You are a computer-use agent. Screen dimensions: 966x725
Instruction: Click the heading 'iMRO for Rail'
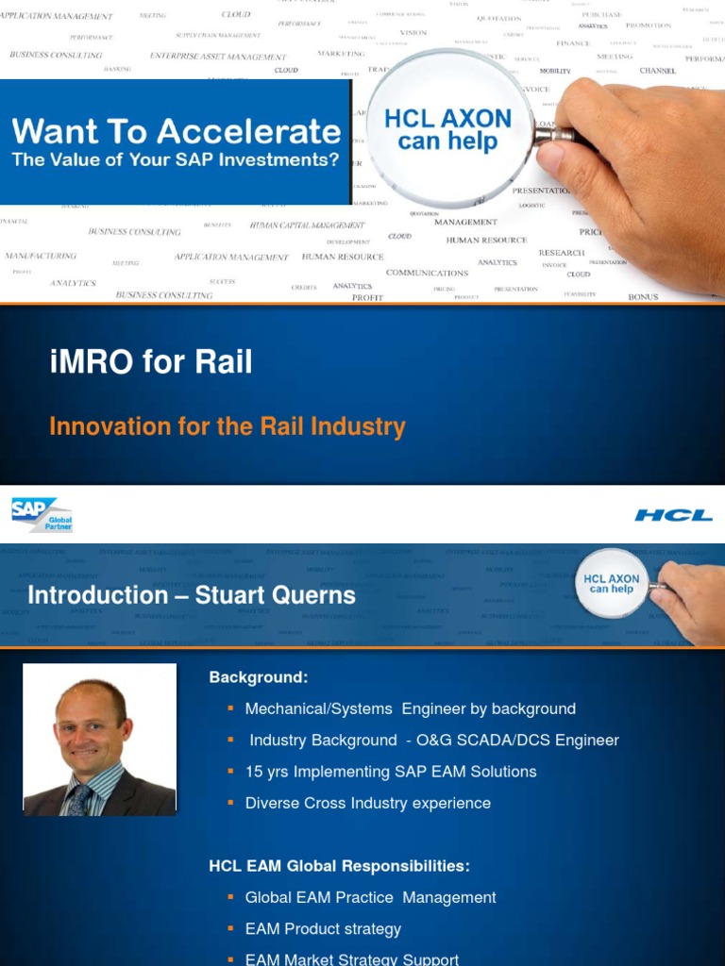(151, 362)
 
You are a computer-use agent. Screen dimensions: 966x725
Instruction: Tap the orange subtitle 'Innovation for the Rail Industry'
(228, 426)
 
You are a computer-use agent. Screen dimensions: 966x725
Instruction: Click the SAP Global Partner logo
(42, 515)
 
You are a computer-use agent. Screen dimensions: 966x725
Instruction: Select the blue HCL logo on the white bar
(673, 515)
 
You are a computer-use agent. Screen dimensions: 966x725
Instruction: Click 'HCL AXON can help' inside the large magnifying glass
(447, 130)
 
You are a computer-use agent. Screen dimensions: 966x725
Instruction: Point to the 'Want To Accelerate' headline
(177, 131)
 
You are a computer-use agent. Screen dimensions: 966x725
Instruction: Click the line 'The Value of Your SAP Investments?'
(177, 159)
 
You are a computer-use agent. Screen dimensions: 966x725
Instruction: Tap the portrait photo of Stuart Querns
(99, 740)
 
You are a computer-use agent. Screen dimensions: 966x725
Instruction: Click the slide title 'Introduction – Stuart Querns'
(192, 595)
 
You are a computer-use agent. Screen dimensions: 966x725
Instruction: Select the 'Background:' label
(258, 677)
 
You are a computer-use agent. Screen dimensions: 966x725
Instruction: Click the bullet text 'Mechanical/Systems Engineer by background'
(410, 708)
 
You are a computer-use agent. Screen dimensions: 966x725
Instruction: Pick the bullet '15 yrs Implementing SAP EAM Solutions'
(390, 772)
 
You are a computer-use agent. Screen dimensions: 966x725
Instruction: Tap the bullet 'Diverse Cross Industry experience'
(367, 804)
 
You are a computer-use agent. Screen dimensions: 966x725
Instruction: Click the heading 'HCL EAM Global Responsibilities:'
(339, 866)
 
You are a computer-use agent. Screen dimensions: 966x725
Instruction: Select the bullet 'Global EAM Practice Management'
(370, 898)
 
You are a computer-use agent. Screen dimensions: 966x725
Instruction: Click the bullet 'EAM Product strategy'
(323, 929)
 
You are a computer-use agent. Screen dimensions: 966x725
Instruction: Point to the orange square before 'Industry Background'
(230, 740)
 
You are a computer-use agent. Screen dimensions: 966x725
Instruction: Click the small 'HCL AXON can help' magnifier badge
(612, 584)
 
